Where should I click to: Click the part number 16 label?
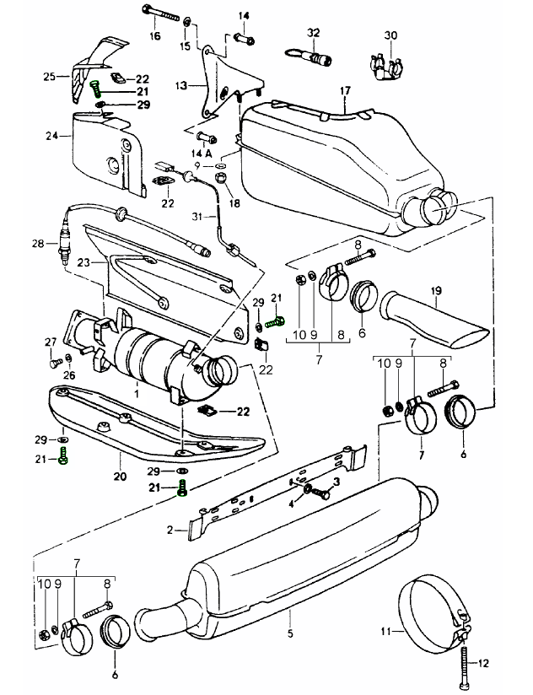(x=155, y=36)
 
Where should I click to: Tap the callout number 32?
(x=314, y=31)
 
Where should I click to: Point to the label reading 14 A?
(x=201, y=152)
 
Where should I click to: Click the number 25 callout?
(x=50, y=76)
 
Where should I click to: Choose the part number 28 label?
(x=37, y=244)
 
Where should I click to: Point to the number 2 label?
(x=170, y=530)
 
